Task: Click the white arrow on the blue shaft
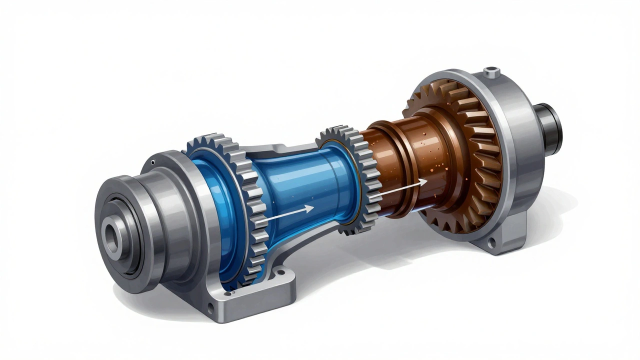click(287, 213)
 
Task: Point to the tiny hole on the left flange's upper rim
click(152, 161)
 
